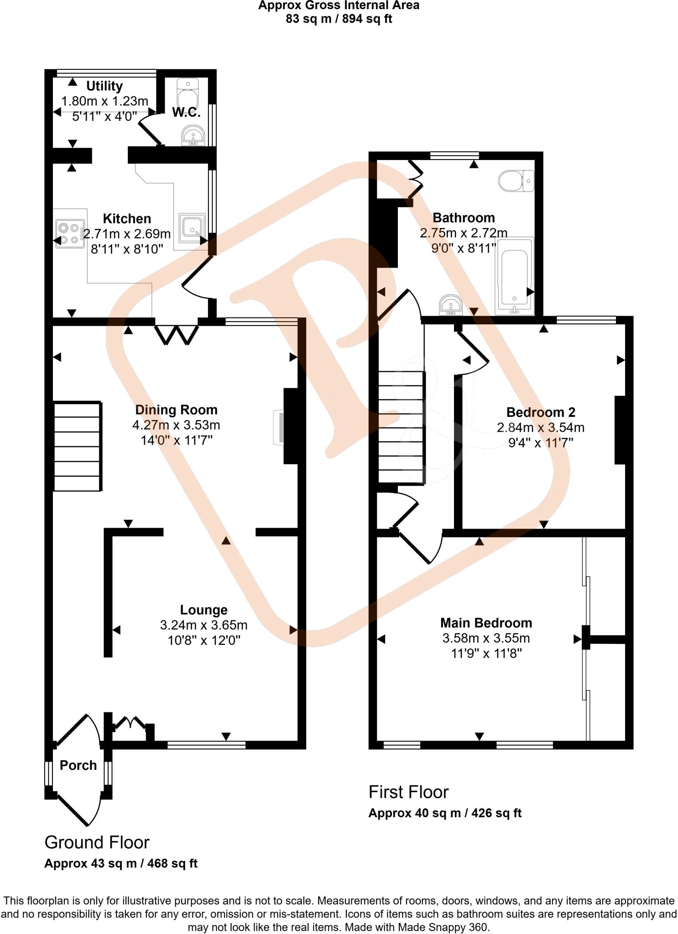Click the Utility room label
pos(104,86)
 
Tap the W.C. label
pos(186,113)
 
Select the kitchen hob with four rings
pos(70,233)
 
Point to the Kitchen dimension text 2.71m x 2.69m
pos(127,234)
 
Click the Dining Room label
pos(176,410)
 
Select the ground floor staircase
pos(77,446)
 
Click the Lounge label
pos(203,610)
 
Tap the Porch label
pos(78,765)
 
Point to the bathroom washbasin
pos(451,305)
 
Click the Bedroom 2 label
pos(541,412)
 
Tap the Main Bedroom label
pos(486,623)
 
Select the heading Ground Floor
pos(97,842)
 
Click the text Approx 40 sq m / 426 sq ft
pos(445,813)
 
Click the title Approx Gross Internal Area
pos(339,5)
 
